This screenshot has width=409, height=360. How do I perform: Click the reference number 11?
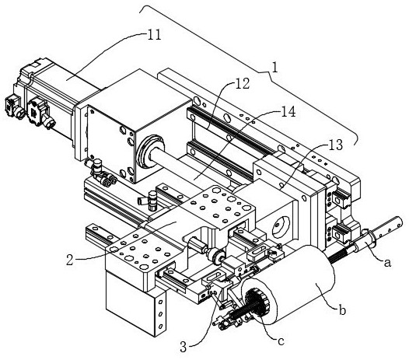click(155, 35)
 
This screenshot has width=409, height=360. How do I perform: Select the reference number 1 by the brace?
click(275, 67)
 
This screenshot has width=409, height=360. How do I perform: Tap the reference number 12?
click(243, 83)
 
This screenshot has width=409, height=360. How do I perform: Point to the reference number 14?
click(288, 111)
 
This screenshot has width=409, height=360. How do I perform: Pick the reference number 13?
click(335, 145)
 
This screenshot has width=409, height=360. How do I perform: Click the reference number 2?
click(70, 260)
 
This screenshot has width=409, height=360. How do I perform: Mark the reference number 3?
click(184, 347)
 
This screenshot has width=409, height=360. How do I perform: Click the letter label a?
click(387, 263)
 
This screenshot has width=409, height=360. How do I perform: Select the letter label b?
click(342, 309)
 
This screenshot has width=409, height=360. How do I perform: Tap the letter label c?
click(281, 341)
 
